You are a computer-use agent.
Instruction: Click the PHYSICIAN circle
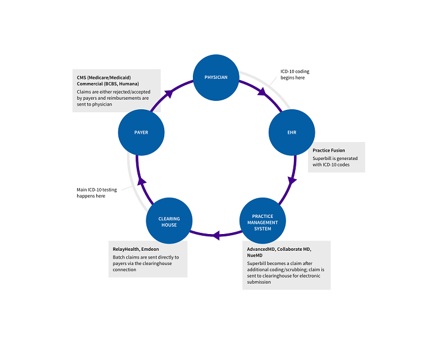(x=216, y=77)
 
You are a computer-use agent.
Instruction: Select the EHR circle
(x=291, y=133)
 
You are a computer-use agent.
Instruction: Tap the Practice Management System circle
(x=262, y=221)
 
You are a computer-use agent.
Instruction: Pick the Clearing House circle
(x=169, y=221)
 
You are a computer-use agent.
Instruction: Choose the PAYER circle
(x=141, y=133)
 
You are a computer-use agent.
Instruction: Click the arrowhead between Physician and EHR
(x=261, y=92)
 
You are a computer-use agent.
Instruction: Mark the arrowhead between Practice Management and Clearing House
(x=216, y=236)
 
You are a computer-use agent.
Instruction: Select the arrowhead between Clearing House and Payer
(x=141, y=180)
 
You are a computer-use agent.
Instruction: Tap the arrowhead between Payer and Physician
(x=170, y=93)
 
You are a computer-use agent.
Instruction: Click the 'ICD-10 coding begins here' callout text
(x=295, y=75)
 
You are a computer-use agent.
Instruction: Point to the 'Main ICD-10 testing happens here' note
(x=96, y=193)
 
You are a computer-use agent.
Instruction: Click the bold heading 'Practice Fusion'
(x=329, y=150)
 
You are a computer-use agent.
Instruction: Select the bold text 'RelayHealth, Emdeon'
(x=137, y=249)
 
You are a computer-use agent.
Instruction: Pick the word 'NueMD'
(x=256, y=255)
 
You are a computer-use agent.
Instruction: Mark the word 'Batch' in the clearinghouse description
(x=119, y=257)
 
